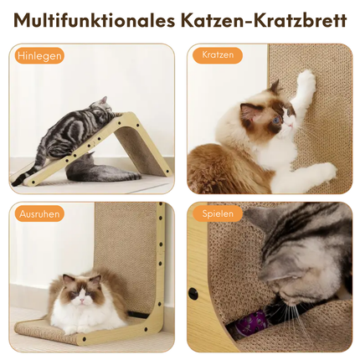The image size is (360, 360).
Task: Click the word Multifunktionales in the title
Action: point(95,20)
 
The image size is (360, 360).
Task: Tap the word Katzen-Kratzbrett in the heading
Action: point(264,20)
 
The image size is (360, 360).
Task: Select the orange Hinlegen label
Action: point(39,56)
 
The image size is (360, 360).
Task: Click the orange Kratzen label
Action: point(218,55)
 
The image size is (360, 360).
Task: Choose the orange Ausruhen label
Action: point(39,214)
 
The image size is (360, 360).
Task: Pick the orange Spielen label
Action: point(218,213)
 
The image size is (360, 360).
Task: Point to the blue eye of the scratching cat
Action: point(276,121)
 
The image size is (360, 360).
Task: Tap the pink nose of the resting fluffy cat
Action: point(82,301)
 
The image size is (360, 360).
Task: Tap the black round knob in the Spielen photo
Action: point(193,293)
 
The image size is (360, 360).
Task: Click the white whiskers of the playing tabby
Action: point(301,311)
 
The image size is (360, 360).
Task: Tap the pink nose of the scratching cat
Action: point(291,126)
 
